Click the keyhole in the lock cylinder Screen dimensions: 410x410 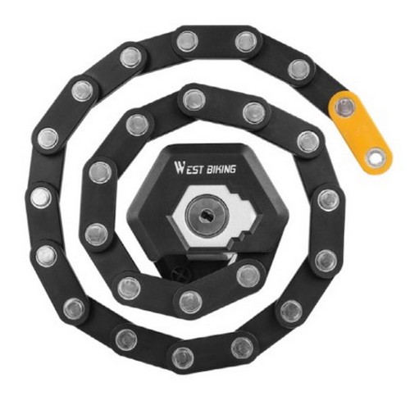click(x=207, y=215)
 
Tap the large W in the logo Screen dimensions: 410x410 click(x=180, y=167)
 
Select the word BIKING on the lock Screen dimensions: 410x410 click(x=221, y=170)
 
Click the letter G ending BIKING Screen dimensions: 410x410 click(x=232, y=170)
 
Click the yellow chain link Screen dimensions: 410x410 click(x=360, y=132)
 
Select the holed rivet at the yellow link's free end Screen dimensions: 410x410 click(x=376, y=157)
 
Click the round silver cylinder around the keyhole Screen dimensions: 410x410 click(x=207, y=215)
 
